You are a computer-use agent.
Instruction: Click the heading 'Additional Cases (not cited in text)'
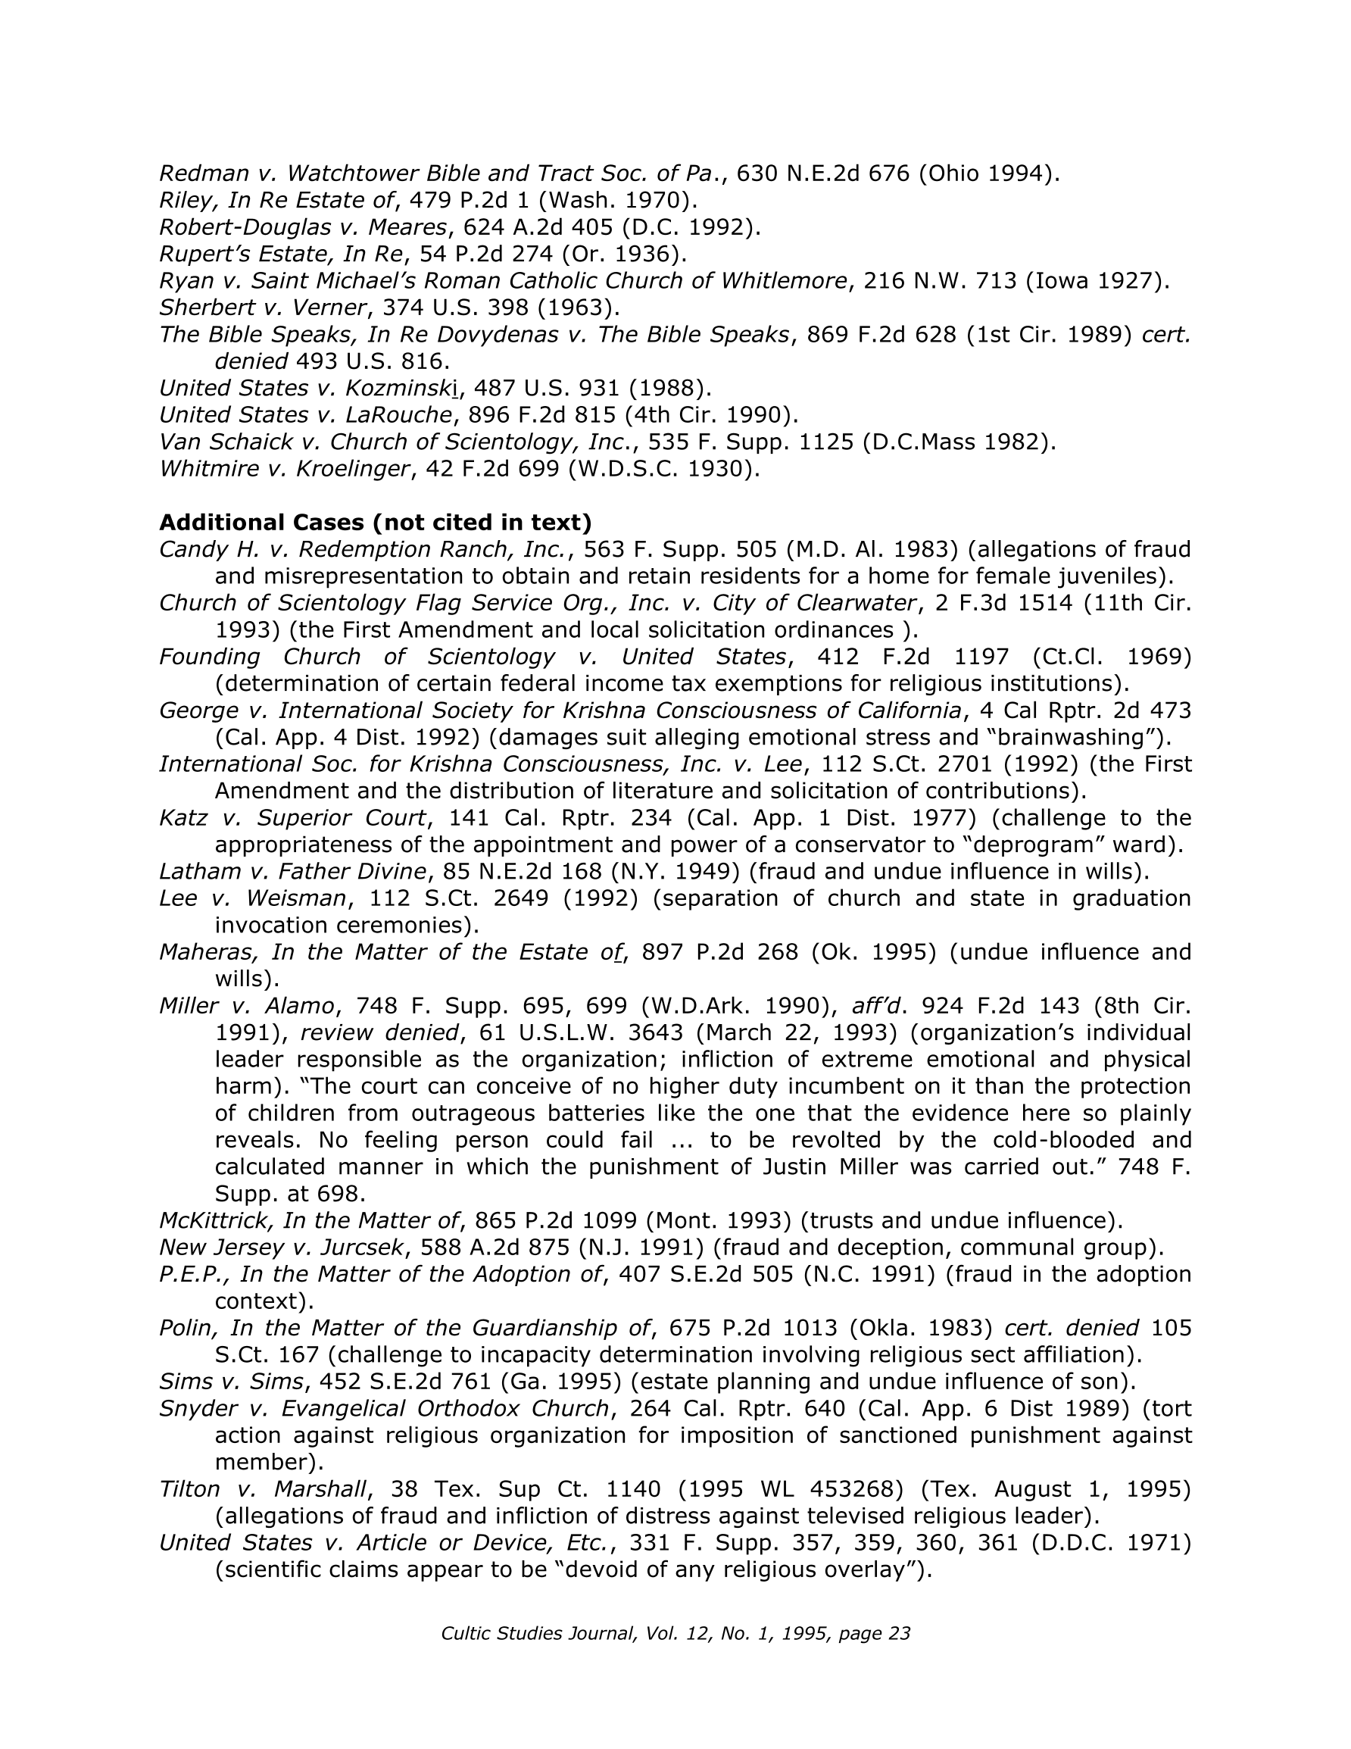click(x=375, y=522)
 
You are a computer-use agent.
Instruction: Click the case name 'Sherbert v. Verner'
click(x=263, y=307)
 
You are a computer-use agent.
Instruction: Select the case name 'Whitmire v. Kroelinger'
click(x=284, y=468)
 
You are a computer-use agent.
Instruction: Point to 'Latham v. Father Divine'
click(x=292, y=870)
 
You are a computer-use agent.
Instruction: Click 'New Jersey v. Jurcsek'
click(x=281, y=1247)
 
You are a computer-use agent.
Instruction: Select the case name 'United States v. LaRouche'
click(x=306, y=415)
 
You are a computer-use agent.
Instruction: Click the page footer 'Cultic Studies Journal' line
click(x=675, y=1633)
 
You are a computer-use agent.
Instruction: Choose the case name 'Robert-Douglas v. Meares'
click(x=304, y=226)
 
